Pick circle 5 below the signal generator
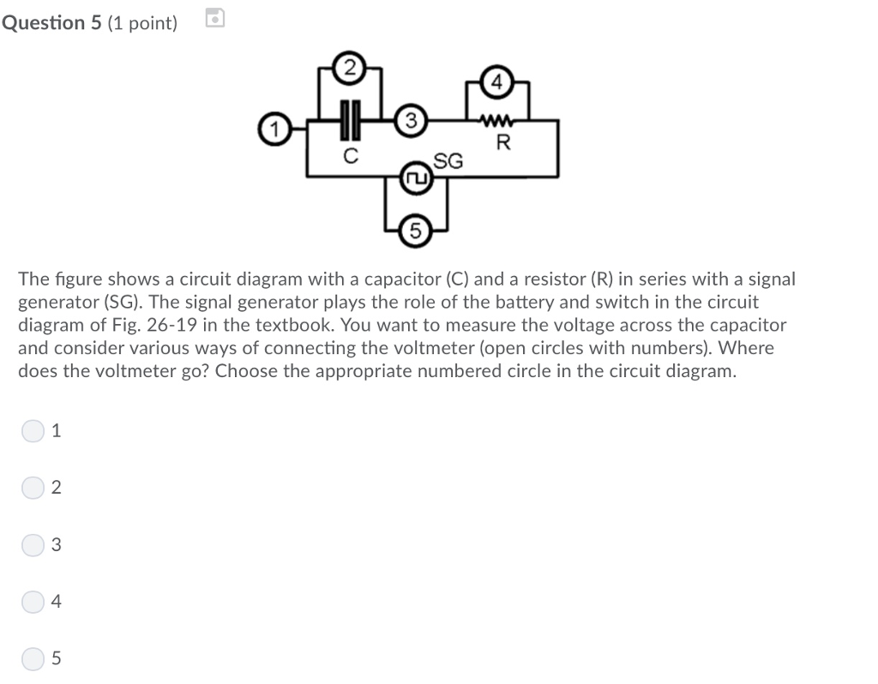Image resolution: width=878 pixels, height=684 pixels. point(416,231)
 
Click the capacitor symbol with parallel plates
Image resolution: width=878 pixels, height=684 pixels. point(349,122)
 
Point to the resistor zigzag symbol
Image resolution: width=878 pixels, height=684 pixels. point(498,122)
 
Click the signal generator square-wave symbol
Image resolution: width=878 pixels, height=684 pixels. point(416,179)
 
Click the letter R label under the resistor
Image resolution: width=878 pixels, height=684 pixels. point(503,143)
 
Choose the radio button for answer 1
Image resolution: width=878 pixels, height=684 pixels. point(32,431)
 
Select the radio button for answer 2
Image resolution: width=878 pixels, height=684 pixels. point(32,488)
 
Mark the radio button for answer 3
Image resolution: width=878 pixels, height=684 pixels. point(32,545)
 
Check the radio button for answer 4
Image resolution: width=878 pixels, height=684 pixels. point(32,602)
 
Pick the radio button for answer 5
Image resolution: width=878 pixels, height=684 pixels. point(32,658)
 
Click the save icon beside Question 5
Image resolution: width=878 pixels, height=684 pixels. point(216,17)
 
